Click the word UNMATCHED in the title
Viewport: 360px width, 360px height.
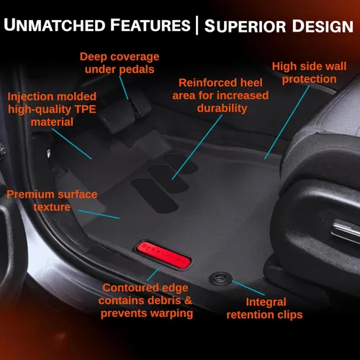pyautogui.click(x=55, y=25)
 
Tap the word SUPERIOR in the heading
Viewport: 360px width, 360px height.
pyautogui.click(x=245, y=26)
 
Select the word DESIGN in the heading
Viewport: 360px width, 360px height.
pyautogui.click(x=323, y=26)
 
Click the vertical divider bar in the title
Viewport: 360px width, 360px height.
pyautogui.click(x=197, y=25)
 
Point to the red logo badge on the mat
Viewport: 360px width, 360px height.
pyautogui.click(x=163, y=255)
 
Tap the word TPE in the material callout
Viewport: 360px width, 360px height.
pyautogui.click(x=86, y=109)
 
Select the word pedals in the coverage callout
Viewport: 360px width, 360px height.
pyautogui.click(x=137, y=70)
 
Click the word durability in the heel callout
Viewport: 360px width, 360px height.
pyautogui.click(x=222, y=109)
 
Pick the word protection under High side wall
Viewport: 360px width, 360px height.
pyautogui.click(x=310, y=80)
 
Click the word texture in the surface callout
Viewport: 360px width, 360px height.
pyautogui.click(x=52, y=207)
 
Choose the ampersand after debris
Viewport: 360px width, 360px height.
pyautogui.click(x=188, y=300)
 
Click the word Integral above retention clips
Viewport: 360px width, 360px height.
pyautogui.click(x=266, y=302)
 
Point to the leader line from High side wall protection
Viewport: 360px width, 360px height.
pyautogui.click(x=287, y=122)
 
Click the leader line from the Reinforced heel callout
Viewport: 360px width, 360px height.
pyautogui.click(x=197, y=147)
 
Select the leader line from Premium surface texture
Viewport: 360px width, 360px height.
pyautogui.click(x=99, y=215)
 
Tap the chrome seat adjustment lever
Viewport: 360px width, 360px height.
pyautogui.click(x=345, y=230)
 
